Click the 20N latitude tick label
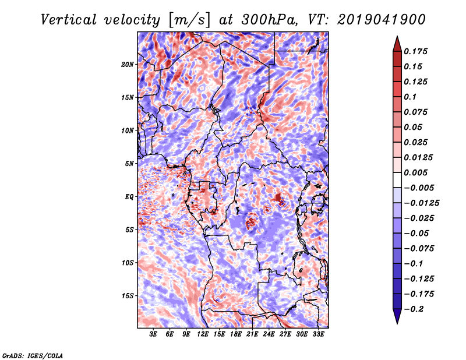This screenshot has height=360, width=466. (x=128, y=64)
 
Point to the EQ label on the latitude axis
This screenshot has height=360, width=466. (x=129, y=197)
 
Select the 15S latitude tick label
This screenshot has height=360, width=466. (x=128, y=296)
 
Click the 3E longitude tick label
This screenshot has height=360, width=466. (x=154, y=335)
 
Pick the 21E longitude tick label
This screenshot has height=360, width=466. (x=252, y=335)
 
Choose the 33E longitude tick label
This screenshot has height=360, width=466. (x=318, y=335)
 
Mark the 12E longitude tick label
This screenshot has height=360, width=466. (x=203, y=335)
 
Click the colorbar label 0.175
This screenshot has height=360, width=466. (x=416, y=51)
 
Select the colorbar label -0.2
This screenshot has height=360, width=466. (x=416, y=309)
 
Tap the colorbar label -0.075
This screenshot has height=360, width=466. (x=419, y=248)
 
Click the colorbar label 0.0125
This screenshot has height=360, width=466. (x=419, y=157)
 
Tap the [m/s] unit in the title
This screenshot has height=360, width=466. (x=188, y=19)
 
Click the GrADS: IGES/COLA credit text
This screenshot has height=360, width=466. (x=33, y=355)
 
